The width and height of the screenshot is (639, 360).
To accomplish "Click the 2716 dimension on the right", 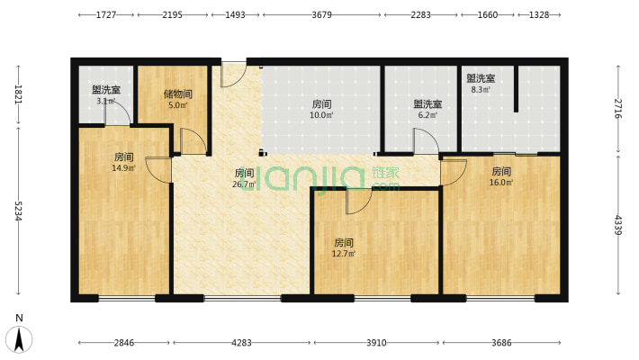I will coord(618,107).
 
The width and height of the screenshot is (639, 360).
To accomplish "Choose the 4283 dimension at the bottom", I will coord(241,343).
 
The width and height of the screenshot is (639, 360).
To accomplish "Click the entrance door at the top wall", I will coord(232,75).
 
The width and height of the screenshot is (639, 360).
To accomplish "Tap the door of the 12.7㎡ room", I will coord(357,202).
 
